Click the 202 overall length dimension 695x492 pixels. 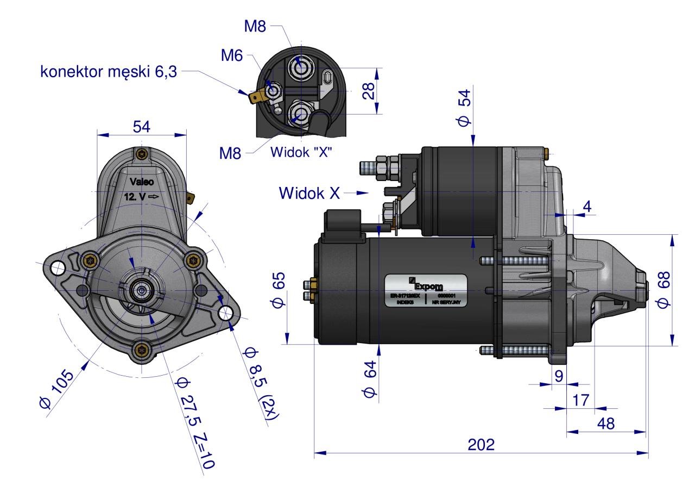pos(481,444)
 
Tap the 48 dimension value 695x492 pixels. pos(605,424)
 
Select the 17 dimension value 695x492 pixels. pos(580,401)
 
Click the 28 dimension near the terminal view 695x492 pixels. pos(369,91)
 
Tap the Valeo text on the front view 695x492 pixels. pos(142,182)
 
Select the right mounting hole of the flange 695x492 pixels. pos(226,313)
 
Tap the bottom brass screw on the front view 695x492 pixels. pos(142,350)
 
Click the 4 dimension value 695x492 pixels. pos(587,207)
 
